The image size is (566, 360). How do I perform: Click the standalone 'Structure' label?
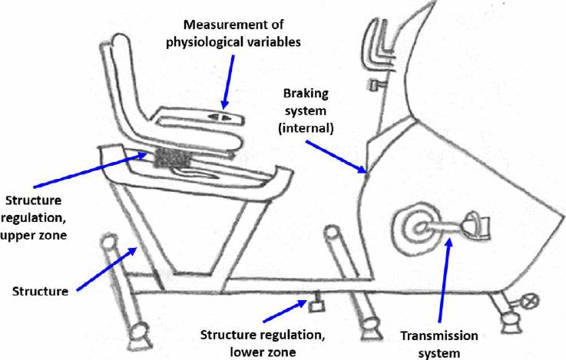click(x=39, y=291)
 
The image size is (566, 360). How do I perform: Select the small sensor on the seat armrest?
click(x=221, y=117)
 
